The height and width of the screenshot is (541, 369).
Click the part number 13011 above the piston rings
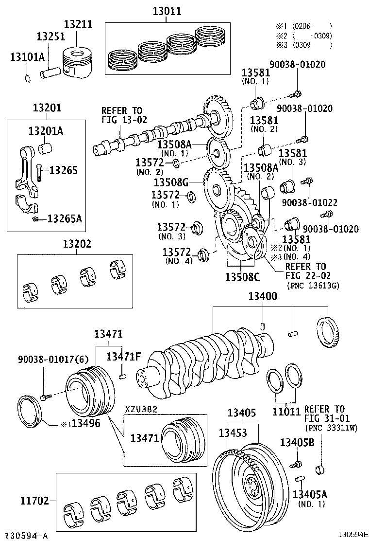167,11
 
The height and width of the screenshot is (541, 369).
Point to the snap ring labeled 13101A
28,78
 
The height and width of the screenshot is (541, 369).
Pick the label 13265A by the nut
65,218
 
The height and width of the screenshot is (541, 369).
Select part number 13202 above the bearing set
75,244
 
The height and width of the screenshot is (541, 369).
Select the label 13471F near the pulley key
123,356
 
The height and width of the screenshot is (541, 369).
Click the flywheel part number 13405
242,413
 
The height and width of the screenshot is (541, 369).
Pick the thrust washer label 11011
286,411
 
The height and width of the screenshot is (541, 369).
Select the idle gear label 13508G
170,182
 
